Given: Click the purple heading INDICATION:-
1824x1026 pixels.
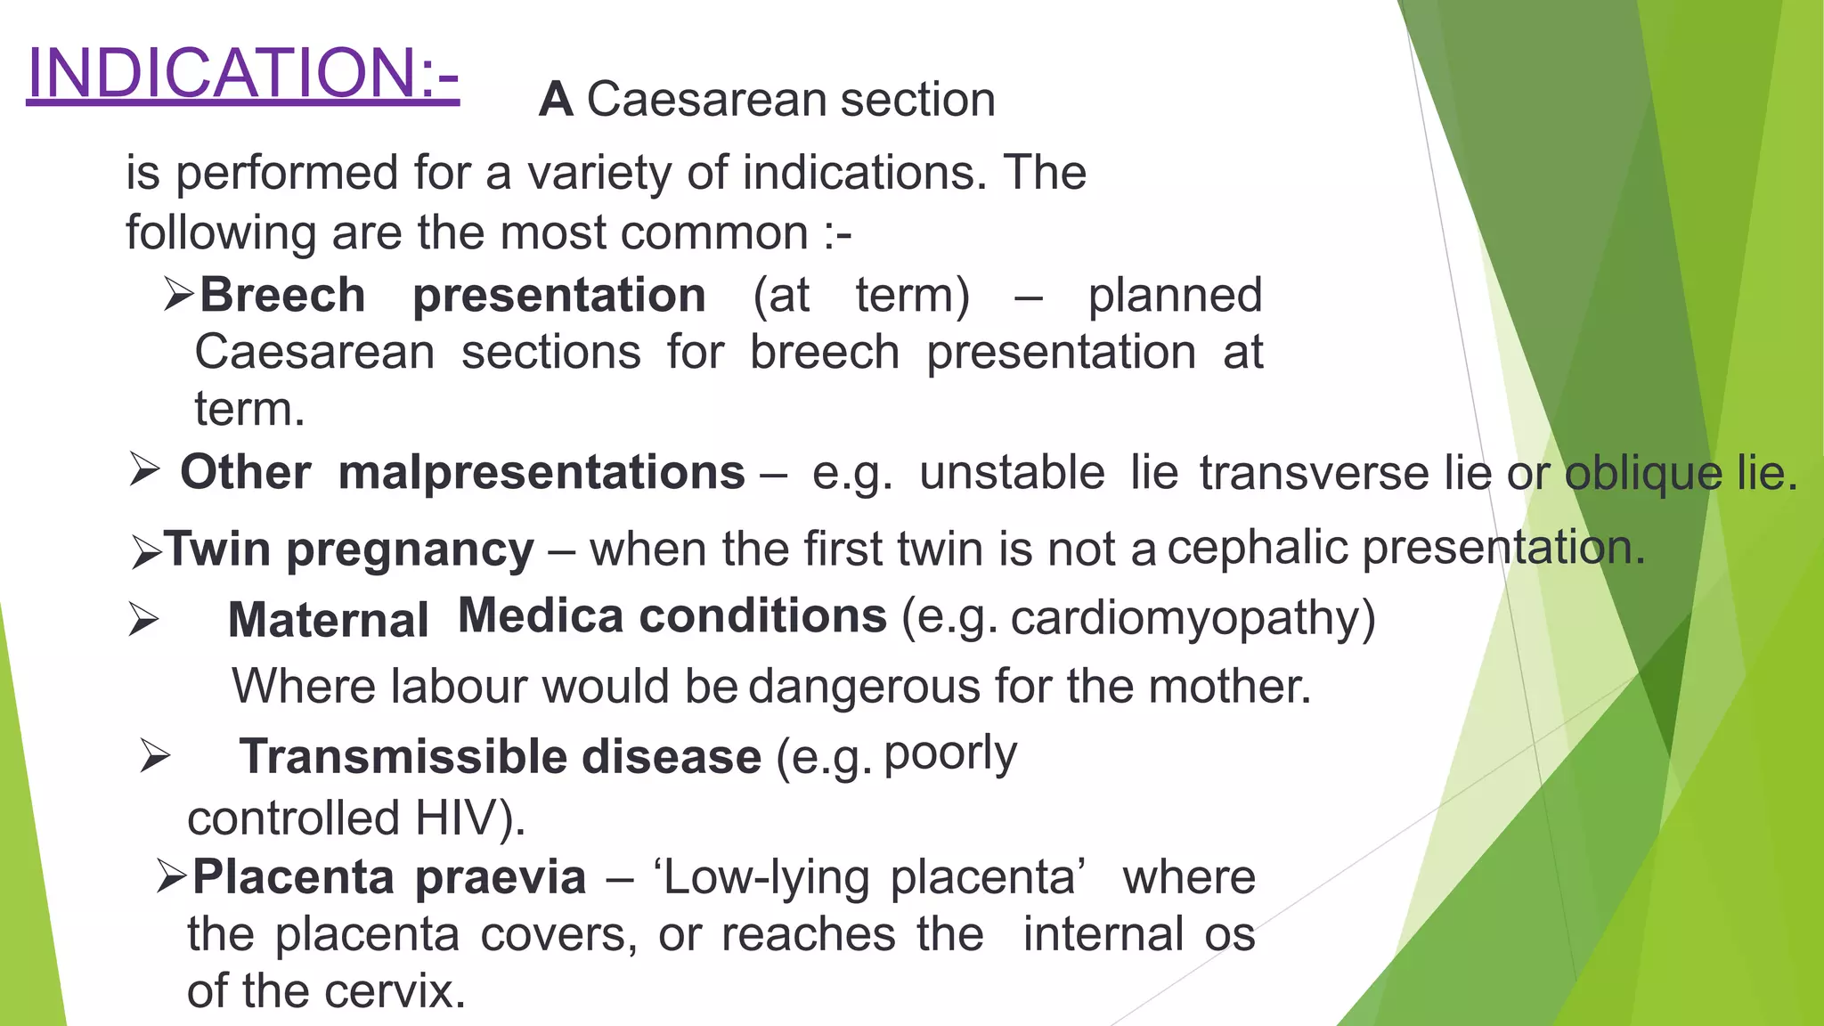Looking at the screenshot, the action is point(243,73).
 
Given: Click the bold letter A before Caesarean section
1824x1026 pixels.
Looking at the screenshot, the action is point(556,99).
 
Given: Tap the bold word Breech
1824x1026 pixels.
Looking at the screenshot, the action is point(282,295).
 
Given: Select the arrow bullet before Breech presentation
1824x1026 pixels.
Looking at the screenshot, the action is point(179,294).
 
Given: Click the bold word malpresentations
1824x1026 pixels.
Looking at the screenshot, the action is point(541,471).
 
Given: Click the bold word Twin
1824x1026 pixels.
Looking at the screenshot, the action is point(217,548).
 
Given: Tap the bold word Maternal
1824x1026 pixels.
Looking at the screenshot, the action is point(329,620).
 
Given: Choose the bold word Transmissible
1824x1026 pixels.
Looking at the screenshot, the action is point(404,756).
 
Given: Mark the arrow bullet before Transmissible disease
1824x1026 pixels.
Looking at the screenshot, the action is point(155,756).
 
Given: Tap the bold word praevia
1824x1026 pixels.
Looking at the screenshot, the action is point(501,877).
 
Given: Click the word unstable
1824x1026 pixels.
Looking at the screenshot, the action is point(1013,472).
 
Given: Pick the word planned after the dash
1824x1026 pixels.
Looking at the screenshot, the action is point(1176,296).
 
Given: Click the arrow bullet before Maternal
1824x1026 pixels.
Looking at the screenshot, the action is point(144,619).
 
